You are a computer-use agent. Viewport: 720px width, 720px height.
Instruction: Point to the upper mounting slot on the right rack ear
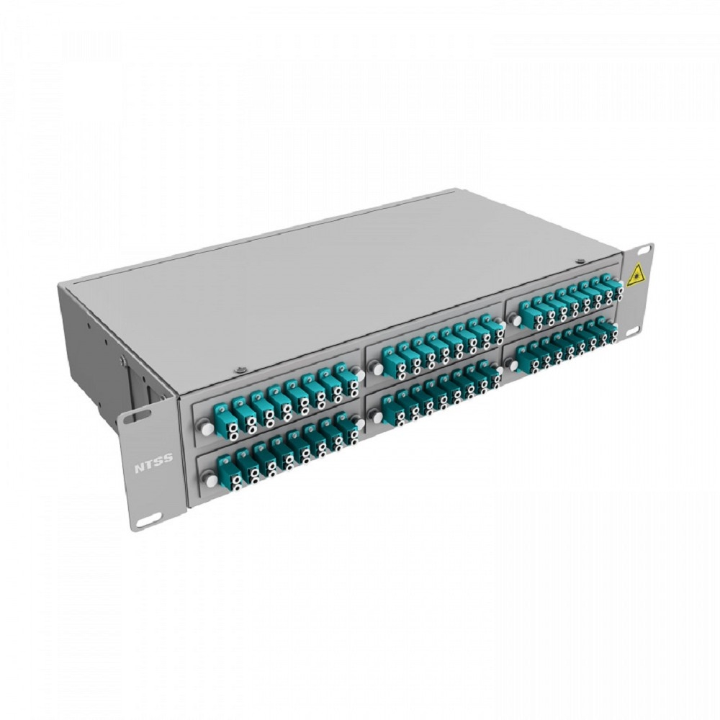pos(644,251)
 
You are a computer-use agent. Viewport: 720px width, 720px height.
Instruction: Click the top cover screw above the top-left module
pos(238,369)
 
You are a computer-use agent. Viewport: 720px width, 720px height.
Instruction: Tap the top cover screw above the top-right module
pos(580,262)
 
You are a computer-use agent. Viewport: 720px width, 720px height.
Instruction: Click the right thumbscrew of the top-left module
pos(359,374)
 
